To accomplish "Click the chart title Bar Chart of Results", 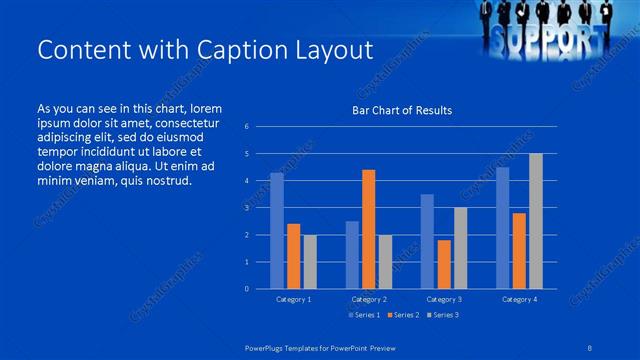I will tap(402, 110).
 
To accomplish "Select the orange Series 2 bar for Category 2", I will tap(368, 229).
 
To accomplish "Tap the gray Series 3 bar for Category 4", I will tap(535, 221).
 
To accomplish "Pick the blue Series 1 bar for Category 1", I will tap(277, 231).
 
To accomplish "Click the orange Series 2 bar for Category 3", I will tap(444, 264).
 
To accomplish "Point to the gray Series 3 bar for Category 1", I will tap(310, 262).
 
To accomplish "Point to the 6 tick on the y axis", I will tap(247, 127).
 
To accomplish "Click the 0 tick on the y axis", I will tap(247, 289).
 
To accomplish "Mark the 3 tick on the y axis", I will tap(247, 208).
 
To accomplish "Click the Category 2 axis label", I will tap(369, 299).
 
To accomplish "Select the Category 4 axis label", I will tap(519, 299).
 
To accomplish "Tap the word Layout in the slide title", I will tap(324, 50).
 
